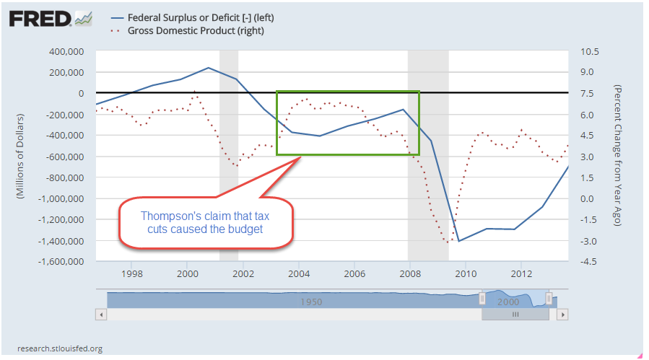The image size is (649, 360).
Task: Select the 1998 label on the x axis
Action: pos(131,274)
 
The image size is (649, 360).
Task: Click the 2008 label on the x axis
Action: pos(409,274)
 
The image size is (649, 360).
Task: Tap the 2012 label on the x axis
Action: pos(520,274)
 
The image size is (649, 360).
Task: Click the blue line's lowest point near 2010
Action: pos(458,241)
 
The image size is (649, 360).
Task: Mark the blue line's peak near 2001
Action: pos(208,68)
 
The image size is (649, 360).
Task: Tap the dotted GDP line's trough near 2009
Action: pos(448,242)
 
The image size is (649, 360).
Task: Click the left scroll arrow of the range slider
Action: pos(101,315)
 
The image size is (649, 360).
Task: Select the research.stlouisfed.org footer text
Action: pos(59,348)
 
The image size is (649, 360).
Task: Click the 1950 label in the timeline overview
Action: pos(311,301)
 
